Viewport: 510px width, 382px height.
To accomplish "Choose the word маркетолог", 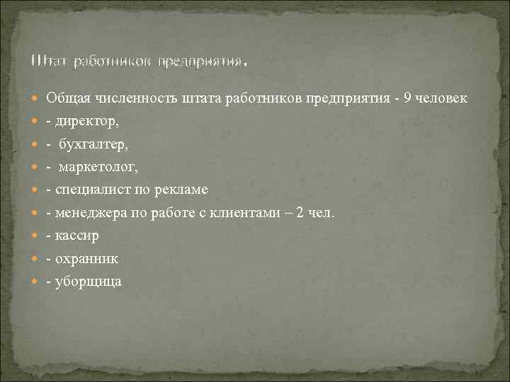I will tap(98, 167).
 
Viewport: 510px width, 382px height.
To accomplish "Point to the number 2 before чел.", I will tap(302, 213).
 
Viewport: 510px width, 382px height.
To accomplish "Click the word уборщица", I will tap(88, 282).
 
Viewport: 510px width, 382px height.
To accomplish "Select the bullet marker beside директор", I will tap(36, 122).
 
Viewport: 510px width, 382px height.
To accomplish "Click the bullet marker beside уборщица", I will tap(36, 282).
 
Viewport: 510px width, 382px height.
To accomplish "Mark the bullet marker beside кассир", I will tap(36, 236).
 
